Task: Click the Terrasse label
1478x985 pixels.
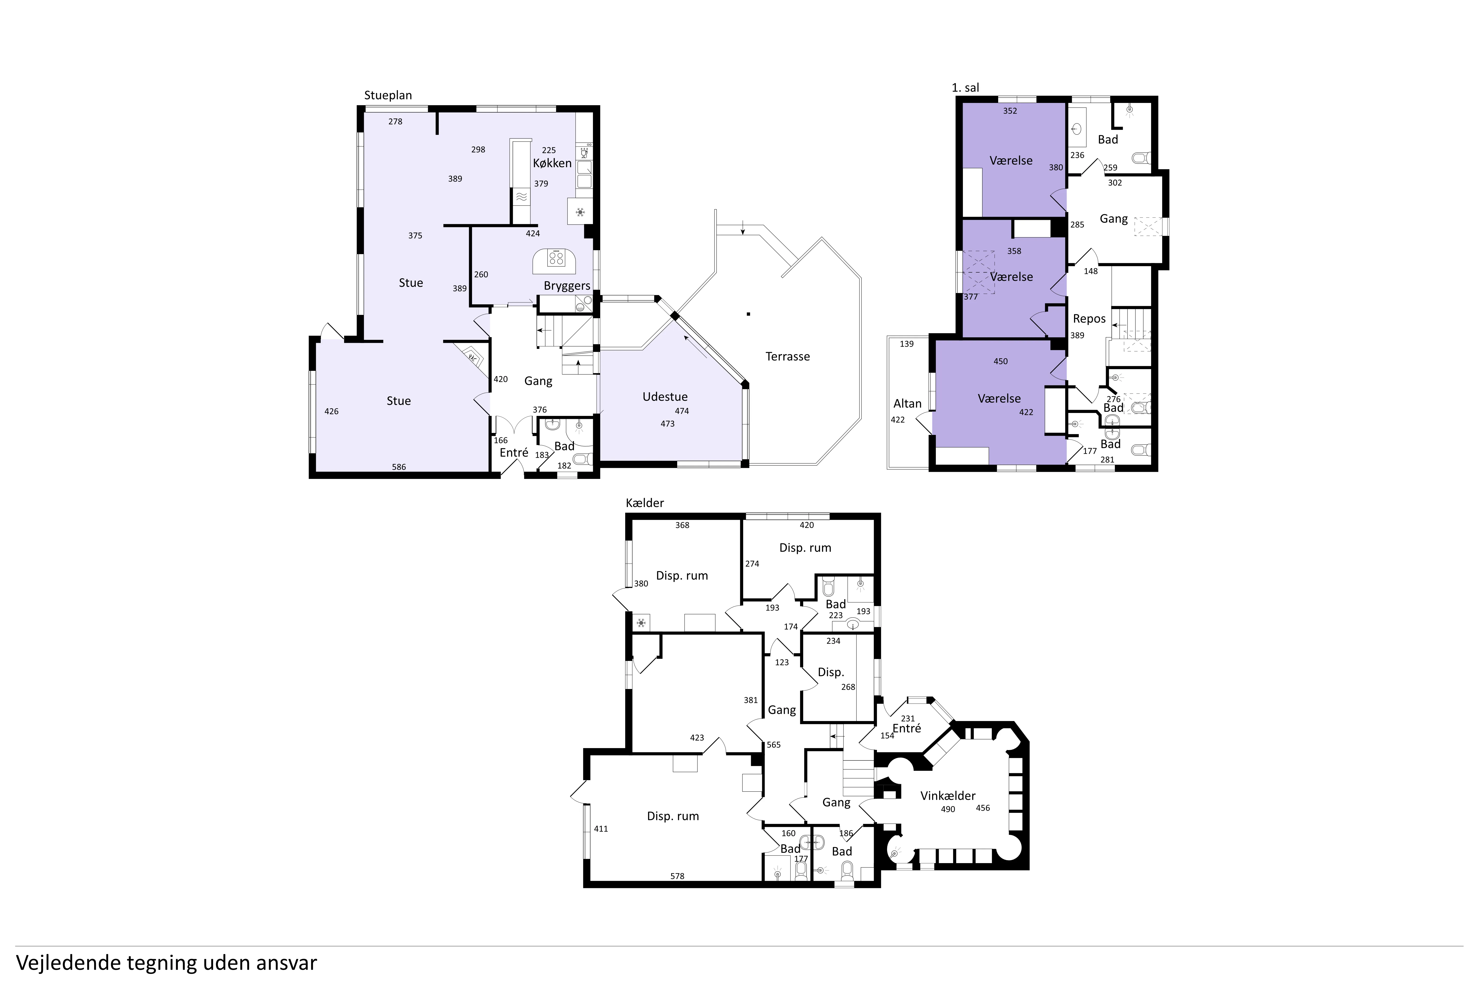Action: point(787,357)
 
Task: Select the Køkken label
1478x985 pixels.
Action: point(552,163)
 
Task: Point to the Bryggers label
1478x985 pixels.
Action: point(567,286)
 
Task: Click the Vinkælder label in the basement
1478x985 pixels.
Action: point(948,796)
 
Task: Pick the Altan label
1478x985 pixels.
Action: point(907,404)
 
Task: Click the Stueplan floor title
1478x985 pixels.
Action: point(388,96)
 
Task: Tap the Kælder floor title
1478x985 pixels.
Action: point(645,503)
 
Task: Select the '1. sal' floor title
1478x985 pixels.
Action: point(965,88)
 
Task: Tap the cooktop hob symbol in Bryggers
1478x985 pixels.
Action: point(555,258)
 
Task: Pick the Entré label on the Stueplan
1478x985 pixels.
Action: point(514,453)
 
